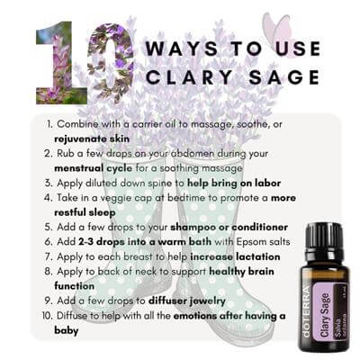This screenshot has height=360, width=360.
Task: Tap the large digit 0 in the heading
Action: tap(111, 60)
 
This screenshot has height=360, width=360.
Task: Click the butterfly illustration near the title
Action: tap(277, 31)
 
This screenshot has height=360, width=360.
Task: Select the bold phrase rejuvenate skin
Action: tap(92, 139)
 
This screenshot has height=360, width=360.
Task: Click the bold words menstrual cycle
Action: tap(93, 168)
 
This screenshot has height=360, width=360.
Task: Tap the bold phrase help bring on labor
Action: tap(234, 183)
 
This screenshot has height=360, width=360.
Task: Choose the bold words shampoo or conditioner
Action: tap(229, 228)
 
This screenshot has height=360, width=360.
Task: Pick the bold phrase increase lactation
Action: tap(235, 256)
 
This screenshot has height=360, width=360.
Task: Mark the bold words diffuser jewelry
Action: tap(187, 301)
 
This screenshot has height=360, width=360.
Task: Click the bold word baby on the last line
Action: tap(67, 330)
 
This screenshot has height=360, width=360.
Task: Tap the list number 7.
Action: tap(49, 257)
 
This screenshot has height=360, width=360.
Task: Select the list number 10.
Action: tap(48, 316)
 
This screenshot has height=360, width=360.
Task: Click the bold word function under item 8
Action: tap(74, 286)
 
